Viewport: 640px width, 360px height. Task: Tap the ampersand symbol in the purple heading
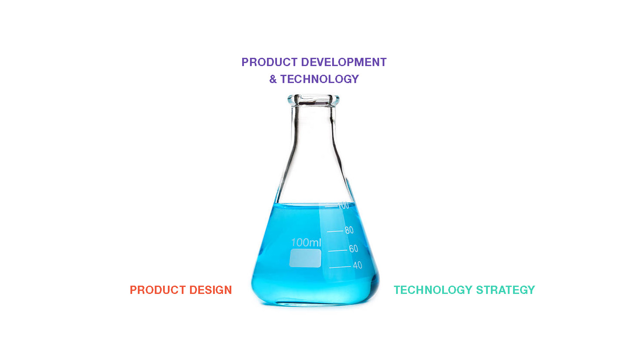pyautogui.click(x=273, y=79)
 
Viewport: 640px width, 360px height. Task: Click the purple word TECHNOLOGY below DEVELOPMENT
pyautogui.click(x=320, y=79)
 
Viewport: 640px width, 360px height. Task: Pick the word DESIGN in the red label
pyautogui.click(x=210, y=290)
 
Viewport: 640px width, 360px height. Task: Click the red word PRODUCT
pyautogui.click(x=158, y=290)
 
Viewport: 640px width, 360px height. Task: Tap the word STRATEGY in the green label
pyautogui.click(x=505, y=290)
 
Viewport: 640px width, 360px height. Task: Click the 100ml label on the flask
pyautogui.click(x=306, y=243)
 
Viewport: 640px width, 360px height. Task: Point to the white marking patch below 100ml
pyautogui.click(x=305, y=258)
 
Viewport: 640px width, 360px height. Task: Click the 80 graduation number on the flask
pyautogui.click(x=349, y=230)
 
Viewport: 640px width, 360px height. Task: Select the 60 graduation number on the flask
pyautogui.click(x=353, y=249)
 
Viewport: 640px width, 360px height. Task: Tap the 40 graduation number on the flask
pyautogui.click(x=357, y=265)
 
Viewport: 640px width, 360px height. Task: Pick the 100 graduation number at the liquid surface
pyautogui.click(x=343, y=205)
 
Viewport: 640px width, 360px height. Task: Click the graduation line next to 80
pyautogui.click(x=335, y=231)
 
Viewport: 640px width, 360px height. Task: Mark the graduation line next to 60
pyautogui.click(x=338, y=250)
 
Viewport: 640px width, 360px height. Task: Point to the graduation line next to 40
pyautogui.click(x=340, y=267)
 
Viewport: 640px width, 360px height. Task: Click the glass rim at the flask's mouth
pyautogui.click(x=313, y=97)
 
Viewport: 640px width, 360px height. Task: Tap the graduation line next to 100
pyautogui.click(x=331, y=206)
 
